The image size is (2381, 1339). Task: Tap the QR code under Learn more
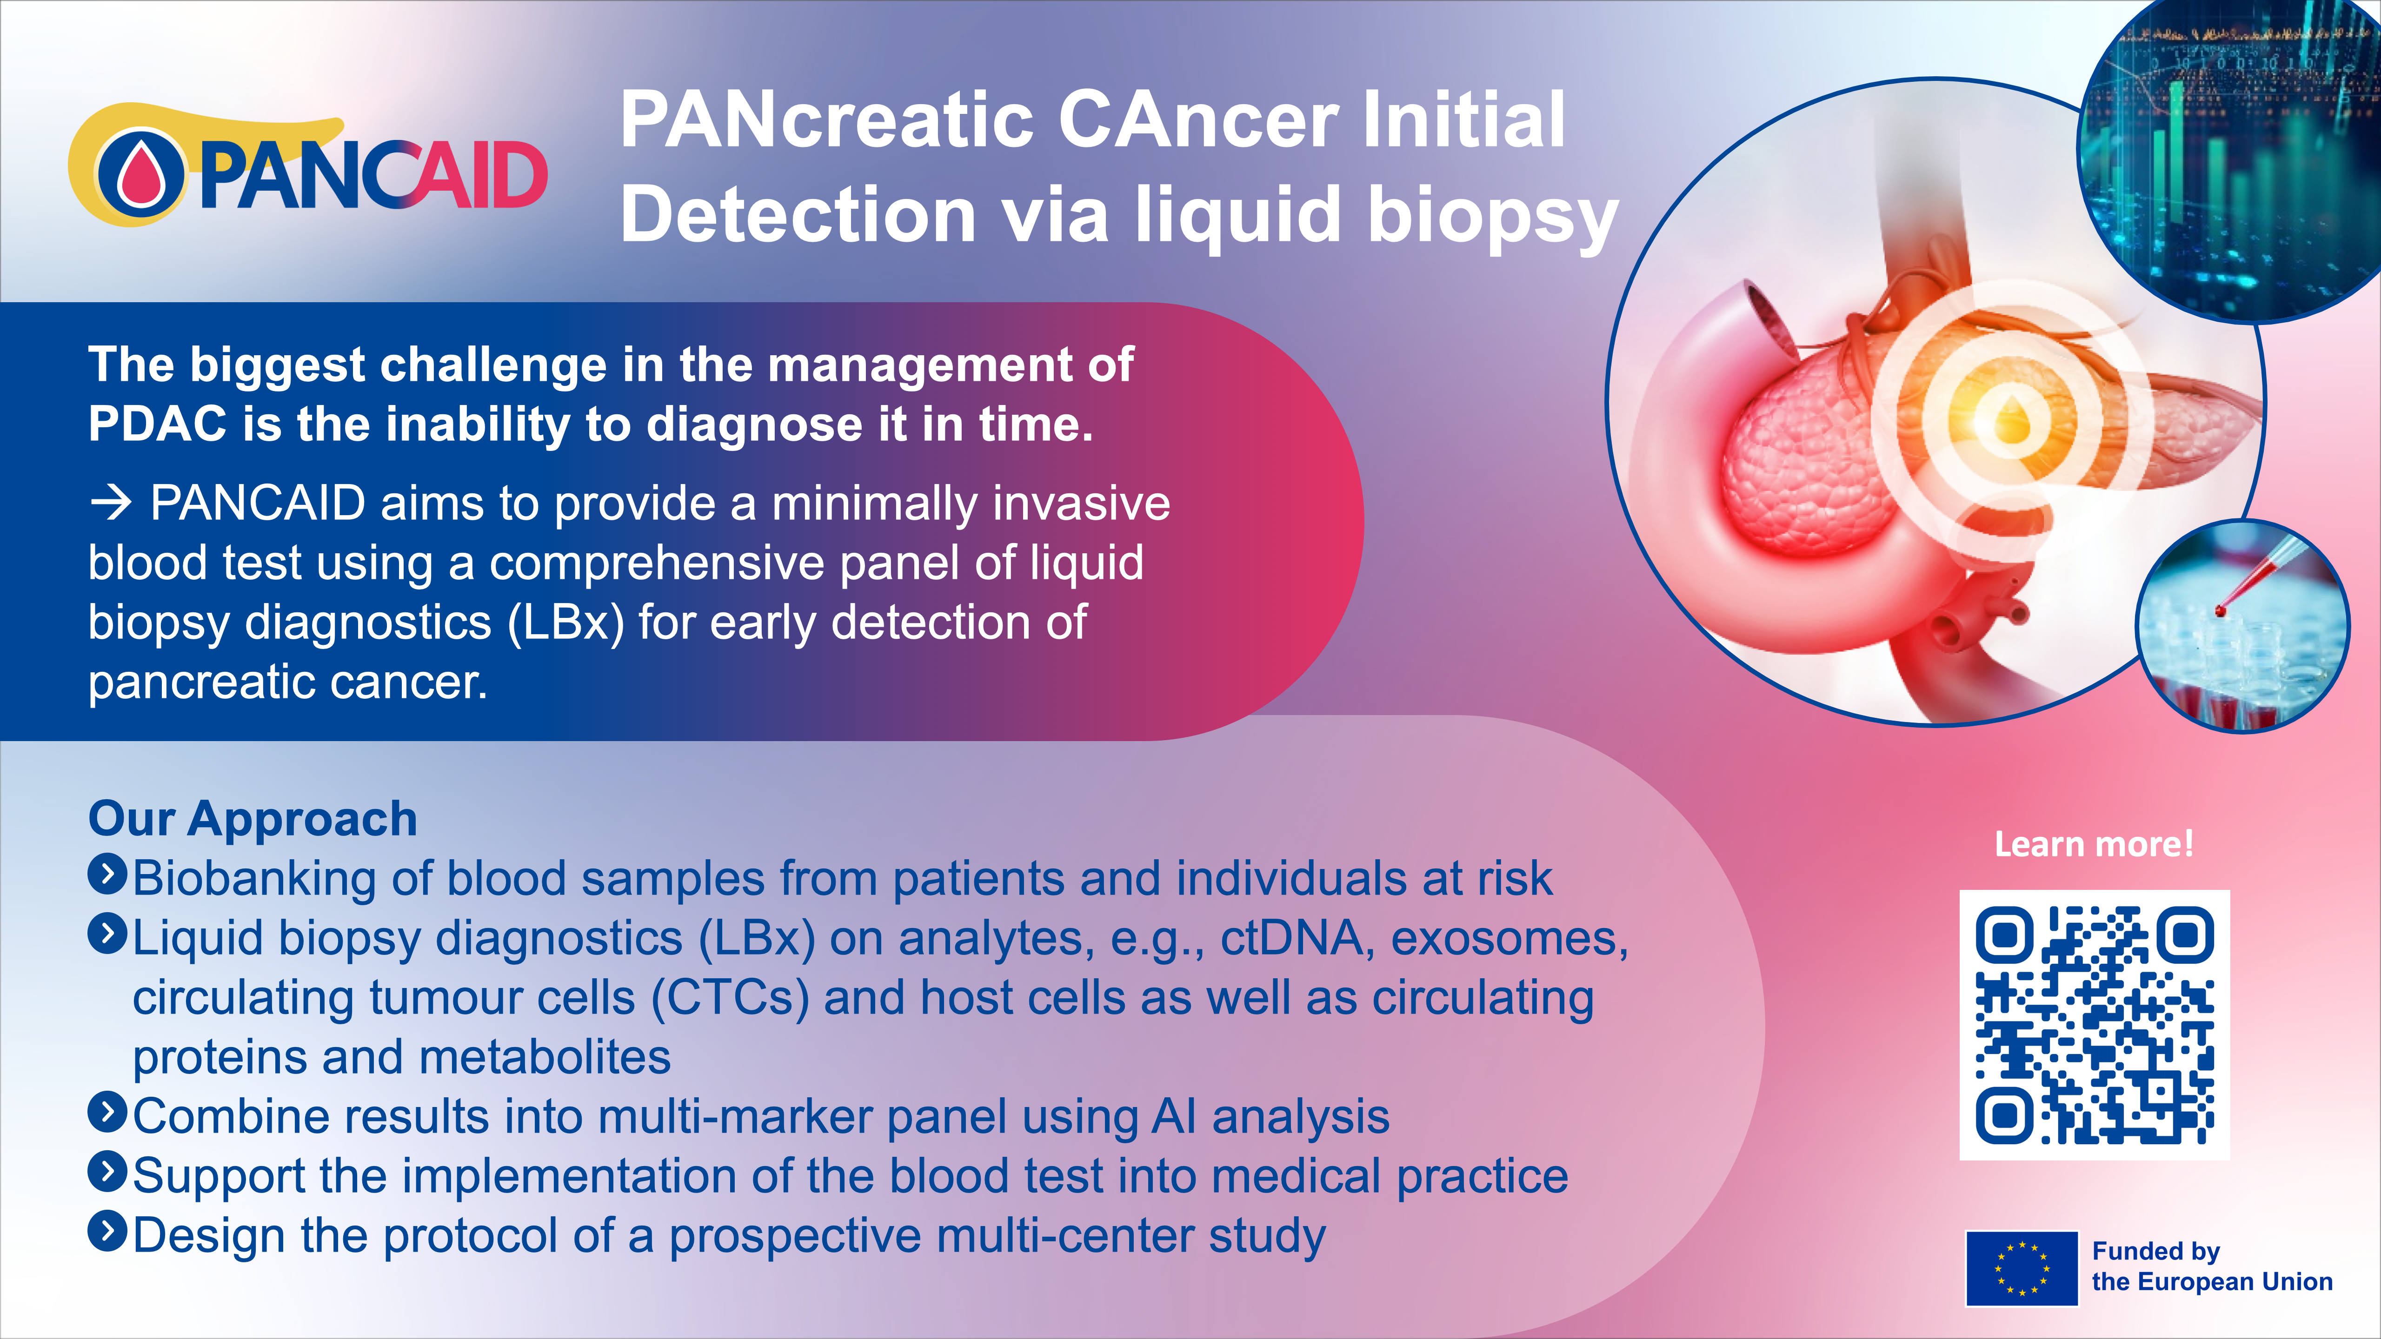2095,1025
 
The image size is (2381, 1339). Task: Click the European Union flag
2022,1268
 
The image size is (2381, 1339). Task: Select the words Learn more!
2094,844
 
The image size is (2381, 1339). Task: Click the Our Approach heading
253,819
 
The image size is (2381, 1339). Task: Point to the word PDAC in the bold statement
157,424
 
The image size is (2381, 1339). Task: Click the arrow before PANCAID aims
111,504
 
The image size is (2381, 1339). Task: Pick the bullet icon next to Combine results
107,1113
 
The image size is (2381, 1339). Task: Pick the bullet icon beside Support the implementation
107,1172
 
